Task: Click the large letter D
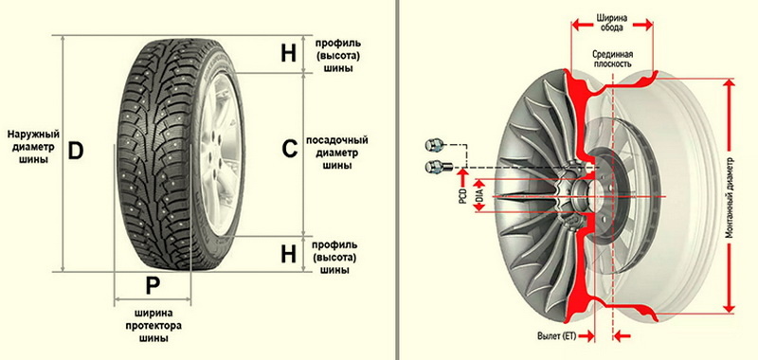pyautogui.click(x=76, y=152)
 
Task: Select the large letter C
pyautogui.click(x=290, y=150)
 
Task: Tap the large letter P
pyautogui.click(x=153, y=286)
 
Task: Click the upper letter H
pyautogui.click(x=289, y=54)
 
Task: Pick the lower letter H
pyautogui.click(x=289, y=254)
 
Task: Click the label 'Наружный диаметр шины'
pyautogui.click(x=33, y=146)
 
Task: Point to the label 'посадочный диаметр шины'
pyautogui.click(x=337, y=153)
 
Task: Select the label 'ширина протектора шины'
pyautogui.click(x=153, y=325)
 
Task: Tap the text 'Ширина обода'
pyautogui.click(x=612, y=23)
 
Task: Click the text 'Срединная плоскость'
pyautogui.click(x=612, y=59)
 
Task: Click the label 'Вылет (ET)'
pyautogui.click(x=557, y=335)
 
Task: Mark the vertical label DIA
pyautogui.click(x=479, y=195)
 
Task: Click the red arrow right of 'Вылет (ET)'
pyautogui.click(x=624, y=335)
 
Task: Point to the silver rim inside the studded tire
pyautogui.click(x=221, y=153)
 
